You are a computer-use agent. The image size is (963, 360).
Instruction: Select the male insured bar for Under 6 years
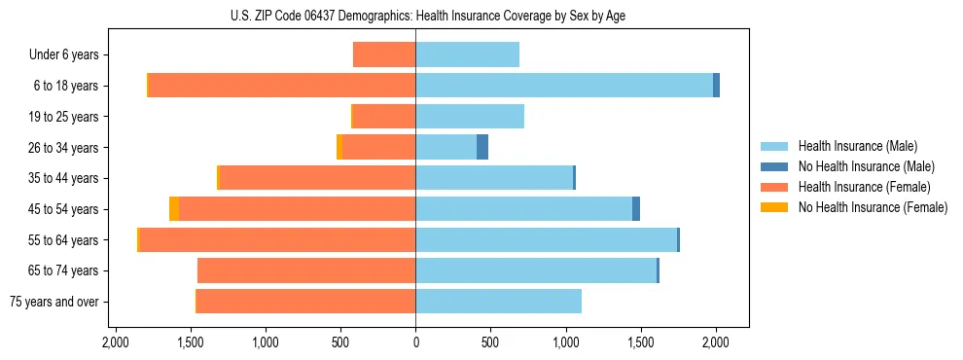click(467, 54)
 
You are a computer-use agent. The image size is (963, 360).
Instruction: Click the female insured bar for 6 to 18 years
click(282, 86)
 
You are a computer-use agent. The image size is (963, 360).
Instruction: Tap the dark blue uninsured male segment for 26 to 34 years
click(482, 147)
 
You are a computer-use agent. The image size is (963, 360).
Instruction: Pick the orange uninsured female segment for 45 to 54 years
click(174, 209)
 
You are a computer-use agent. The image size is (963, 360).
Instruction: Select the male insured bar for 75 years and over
click(498, 302)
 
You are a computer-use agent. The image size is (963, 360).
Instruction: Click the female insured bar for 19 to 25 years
click(384, 117)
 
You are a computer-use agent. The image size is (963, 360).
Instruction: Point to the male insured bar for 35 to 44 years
click(494, 178)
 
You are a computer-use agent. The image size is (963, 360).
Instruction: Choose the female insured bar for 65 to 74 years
click(306, 270)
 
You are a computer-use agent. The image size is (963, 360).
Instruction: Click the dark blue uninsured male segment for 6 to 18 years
click(717, 86)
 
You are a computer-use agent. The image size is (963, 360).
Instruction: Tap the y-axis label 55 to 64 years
click(63, 240)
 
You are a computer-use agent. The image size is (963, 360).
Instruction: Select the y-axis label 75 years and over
click(54, 302)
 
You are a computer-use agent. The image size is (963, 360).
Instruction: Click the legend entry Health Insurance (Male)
click(856, 146)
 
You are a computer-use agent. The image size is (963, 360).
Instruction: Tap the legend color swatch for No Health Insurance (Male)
click(775, 166)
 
